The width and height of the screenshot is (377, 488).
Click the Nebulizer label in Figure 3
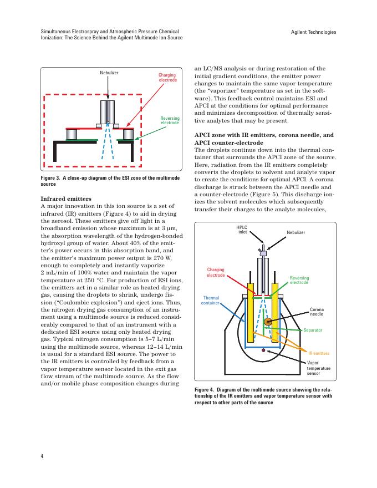tap(109, 73)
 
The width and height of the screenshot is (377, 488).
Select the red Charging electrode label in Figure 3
tap(167, 78)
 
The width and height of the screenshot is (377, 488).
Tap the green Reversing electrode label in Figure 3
tap(170, 120)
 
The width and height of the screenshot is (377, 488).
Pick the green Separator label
tap(313, 330)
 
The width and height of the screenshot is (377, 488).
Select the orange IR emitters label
tap(319, 353)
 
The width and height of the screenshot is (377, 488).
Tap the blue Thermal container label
tap(210, 300)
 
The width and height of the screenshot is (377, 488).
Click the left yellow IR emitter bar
tap(252, 316)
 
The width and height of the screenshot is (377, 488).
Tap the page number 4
tap(42, 456)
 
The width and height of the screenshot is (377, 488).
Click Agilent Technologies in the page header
tap(313, 32)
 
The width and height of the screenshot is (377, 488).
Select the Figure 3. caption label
tap(53, 178)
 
